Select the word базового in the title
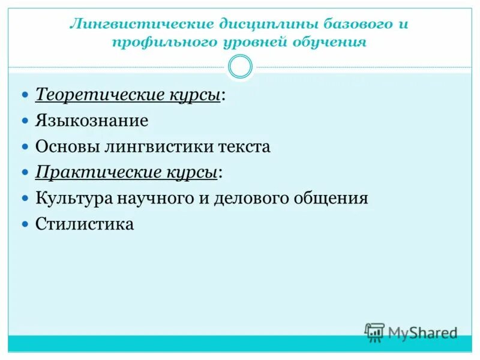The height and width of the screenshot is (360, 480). pos(348,25)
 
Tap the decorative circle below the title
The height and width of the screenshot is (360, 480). pos(241,67)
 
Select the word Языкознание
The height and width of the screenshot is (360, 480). pos(92,121)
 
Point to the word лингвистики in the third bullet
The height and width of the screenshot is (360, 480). pos(158,146)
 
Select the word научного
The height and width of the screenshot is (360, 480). pos(157,198)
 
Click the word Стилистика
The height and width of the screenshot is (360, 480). pos(85,224)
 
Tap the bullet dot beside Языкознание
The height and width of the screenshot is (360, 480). pos(25,121)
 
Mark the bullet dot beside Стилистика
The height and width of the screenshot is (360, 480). pos(25,224)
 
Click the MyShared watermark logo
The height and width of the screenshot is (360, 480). pos(411,332)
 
